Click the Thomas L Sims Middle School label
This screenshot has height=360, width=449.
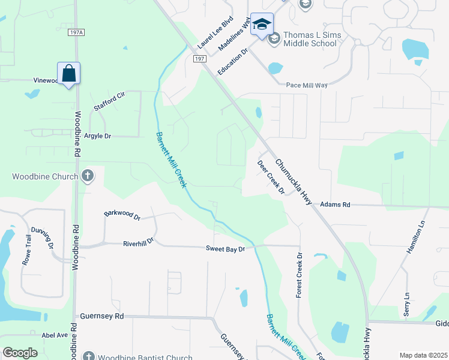(311, 40)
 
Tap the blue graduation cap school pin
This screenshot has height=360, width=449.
(262, 25)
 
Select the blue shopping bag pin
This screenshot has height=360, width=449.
(69, 74)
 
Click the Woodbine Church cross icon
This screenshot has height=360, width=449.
(88, 176)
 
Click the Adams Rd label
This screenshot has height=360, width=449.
(335, 205)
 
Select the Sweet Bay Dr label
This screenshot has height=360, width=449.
(226, 248)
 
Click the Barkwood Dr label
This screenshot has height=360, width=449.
(121, 215)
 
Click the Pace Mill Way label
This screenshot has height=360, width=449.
(307, 85)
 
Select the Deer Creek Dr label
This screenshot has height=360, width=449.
(271, 178)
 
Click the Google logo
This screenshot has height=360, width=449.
(20, 353)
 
